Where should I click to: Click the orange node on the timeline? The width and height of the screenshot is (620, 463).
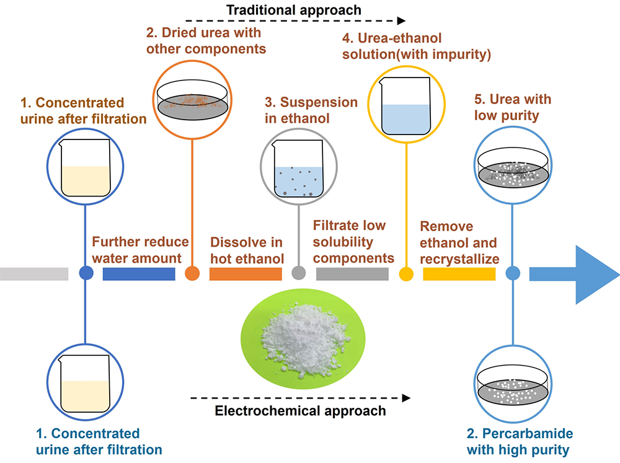(x=192, y=273)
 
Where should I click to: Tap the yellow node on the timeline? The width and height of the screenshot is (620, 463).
(x=406, y=273)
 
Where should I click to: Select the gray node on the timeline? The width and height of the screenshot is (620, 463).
(x=299, y=273)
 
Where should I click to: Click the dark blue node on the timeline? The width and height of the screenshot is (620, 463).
(x=86, y=273)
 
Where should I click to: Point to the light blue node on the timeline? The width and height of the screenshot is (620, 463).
(x=513, y=273)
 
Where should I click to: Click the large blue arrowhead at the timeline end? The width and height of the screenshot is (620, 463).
(x=593, y=275)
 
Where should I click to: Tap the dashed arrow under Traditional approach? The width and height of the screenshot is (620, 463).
(x=295, y=20)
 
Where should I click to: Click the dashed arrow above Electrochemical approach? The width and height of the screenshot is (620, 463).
(x=300, y=398)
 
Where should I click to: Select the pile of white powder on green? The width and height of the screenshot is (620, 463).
(x=304, y=340)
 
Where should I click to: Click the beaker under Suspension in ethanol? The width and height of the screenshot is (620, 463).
(x=299, y=169)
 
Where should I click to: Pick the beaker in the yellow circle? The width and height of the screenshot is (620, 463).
(x=406, y=107)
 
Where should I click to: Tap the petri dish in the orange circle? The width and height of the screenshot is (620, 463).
(x=193, y=100)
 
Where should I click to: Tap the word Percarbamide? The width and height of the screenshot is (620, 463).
(x=528, y=433)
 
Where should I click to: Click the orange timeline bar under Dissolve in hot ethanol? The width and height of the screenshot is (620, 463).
(x=246, y=273)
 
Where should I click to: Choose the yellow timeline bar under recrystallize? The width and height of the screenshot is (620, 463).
(x=459, y=273)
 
